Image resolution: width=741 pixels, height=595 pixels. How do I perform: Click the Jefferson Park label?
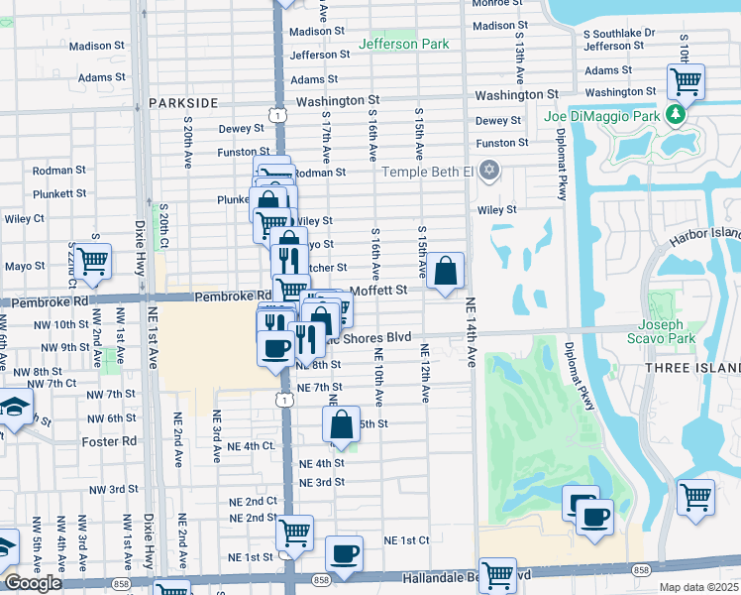403,44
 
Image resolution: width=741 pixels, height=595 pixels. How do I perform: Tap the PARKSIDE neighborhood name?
183,102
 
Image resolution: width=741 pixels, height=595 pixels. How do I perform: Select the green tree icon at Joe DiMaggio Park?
677,116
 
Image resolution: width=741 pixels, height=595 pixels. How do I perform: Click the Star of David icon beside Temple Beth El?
486,172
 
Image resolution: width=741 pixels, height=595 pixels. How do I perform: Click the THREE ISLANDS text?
702,368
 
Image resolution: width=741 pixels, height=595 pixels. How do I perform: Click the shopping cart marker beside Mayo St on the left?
92,262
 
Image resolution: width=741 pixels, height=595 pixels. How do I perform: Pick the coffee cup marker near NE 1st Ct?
344,553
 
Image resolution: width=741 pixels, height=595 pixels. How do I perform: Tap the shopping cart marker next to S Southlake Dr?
686,81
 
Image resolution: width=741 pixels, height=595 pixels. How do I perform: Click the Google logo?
33,583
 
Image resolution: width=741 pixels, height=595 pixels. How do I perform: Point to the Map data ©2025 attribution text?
697,587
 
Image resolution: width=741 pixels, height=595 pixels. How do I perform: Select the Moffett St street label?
379,290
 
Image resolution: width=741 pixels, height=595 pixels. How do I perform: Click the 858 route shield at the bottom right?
642,570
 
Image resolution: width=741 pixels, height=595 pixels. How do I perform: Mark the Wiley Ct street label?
25,217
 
